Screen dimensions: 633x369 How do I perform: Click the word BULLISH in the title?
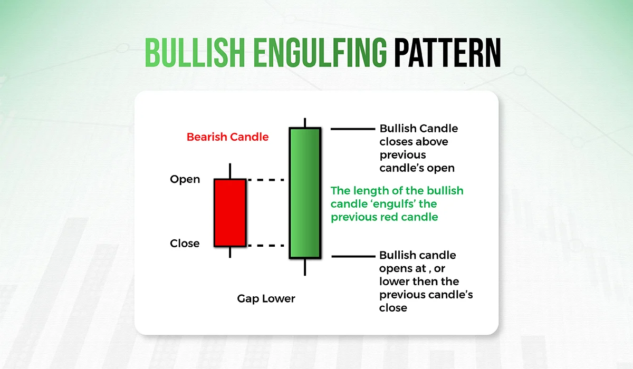click(195, 53)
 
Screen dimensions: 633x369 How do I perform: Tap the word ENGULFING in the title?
click(320, 53)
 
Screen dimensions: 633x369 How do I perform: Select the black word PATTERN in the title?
click(448, 53)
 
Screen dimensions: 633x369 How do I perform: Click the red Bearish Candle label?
click(227, 137)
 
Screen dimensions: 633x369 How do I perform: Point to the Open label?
click(185, 180)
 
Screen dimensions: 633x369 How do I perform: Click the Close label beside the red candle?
click(185, 244)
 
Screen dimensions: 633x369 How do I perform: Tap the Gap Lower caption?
click(266, 299)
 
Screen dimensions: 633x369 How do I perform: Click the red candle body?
click(230, 213)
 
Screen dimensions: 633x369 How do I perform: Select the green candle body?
click(305, 193)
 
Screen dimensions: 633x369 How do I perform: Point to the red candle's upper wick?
click(230, 171)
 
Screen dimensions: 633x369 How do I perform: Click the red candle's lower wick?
click(230, 253)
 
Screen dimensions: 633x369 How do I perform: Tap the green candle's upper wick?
click(305, 123)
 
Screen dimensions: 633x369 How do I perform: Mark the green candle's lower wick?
click(305, 267)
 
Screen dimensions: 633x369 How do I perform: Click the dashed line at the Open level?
click(266, 180)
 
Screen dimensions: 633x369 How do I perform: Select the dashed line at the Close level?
click(266, 246)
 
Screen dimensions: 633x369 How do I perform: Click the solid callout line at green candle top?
click(353, 129)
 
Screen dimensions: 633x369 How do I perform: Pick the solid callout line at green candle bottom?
click(353, 257)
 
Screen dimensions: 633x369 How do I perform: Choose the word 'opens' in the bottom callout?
click(395, 269)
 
